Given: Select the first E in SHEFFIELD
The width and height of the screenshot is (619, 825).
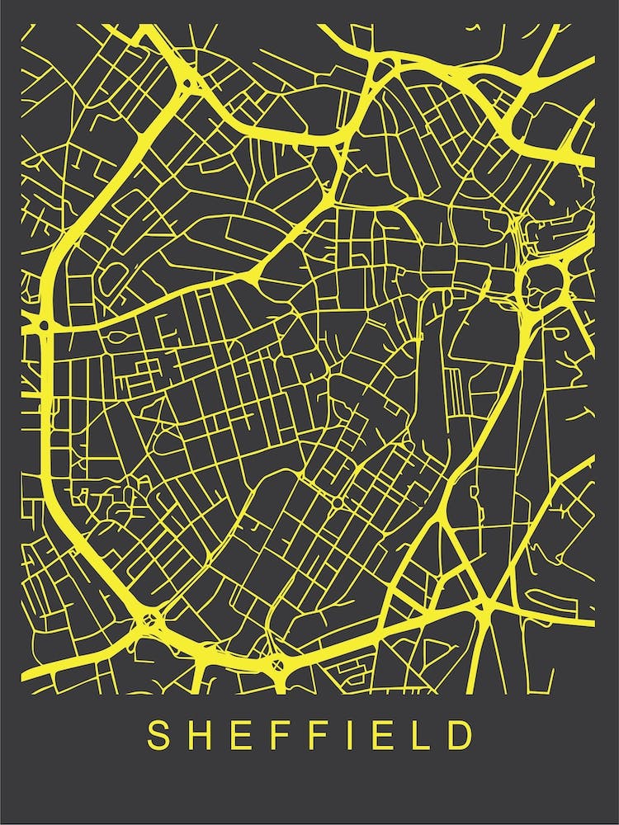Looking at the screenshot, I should (242, 736).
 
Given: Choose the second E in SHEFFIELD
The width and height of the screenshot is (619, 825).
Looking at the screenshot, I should (383, 736).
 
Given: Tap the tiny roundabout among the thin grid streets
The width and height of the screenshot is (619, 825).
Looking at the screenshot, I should (337, 501).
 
